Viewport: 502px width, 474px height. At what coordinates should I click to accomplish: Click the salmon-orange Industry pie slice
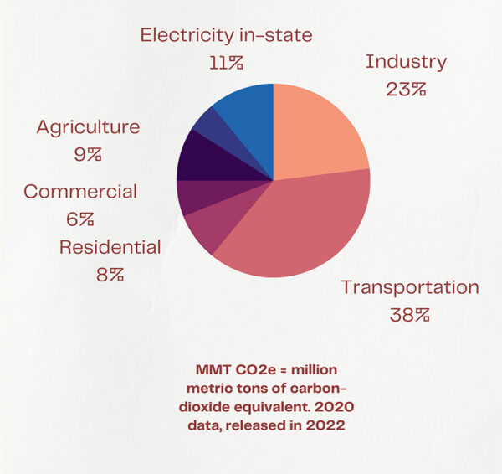tap(316, 131)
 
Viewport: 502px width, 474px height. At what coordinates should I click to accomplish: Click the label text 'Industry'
tap(406, 62)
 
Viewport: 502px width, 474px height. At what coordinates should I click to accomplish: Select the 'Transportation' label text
tap(409, 287)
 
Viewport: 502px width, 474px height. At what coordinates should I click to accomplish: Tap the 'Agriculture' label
tap(88, 127)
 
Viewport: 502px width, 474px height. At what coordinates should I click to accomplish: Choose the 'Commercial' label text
tap(79, 191)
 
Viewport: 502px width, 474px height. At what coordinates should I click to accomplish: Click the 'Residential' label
tap(110, 247)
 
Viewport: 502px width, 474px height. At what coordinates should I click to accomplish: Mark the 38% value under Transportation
tap(409, 316)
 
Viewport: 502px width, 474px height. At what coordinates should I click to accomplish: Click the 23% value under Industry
tap(406, 89)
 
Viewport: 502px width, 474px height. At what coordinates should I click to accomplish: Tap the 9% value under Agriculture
tap(88, 154)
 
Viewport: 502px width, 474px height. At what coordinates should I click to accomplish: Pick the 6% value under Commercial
tap(79, 219)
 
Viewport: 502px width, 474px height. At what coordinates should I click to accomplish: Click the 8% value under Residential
tap(110, 274)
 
